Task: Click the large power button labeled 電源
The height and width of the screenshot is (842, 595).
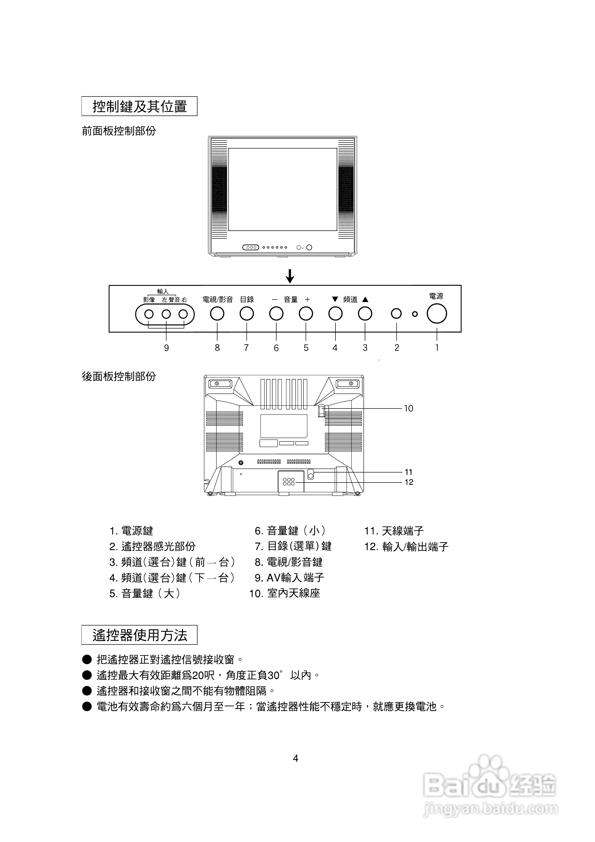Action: point(436,314)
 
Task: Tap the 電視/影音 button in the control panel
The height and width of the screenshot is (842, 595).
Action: point(217,314)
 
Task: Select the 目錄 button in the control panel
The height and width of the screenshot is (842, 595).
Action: point(246,314)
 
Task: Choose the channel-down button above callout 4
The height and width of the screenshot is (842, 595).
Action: point(335,314)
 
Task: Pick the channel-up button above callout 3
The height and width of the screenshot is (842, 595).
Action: point(365,314)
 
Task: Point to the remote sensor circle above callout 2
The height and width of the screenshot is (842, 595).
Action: point(396,314)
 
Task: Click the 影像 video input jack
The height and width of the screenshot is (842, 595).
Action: point(149,314)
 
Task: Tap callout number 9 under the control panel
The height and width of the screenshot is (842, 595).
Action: point(166,348)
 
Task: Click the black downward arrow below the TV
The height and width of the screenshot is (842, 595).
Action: point(290,276)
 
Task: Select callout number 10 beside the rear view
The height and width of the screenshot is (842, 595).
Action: point(408,408)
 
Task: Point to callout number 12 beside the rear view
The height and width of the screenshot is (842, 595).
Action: point(409,482)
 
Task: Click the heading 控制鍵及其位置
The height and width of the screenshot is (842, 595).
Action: point(139,106)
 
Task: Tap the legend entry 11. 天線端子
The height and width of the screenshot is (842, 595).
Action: point(393,531)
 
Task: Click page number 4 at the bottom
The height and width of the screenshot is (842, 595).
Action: point(296,758)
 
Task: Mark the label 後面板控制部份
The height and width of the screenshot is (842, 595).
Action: point(119,376)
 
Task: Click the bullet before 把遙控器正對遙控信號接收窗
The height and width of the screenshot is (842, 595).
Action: point(86,660)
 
